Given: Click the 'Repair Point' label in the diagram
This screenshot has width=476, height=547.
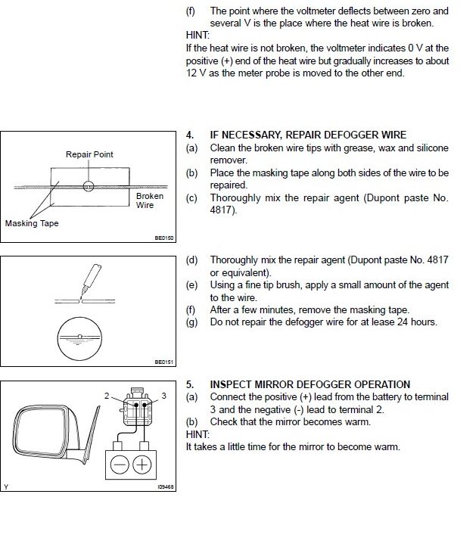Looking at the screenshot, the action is pos(89,154).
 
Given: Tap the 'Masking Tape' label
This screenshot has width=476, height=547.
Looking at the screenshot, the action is pos(32,223).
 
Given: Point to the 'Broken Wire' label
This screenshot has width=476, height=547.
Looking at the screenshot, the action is pos(150,200).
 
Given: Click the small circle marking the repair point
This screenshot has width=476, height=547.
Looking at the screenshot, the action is pos(89,186).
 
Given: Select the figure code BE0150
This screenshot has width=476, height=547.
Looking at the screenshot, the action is pos(164,238).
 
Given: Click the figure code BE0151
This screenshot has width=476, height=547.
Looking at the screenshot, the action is pos(164,362).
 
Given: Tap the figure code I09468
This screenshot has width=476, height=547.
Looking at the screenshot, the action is pos(166,486).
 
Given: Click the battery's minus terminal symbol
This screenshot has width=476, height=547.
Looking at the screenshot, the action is pos(120,465).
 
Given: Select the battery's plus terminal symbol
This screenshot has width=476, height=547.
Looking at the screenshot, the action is pos(142,465).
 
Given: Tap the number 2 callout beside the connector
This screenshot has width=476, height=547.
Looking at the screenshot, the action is pos(107,396).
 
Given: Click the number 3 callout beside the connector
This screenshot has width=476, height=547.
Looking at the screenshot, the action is pos(163,396).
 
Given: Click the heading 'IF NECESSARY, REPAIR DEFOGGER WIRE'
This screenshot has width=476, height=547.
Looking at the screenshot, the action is pos(308,135).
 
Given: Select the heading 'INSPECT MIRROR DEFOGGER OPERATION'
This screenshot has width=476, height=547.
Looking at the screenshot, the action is pos(310,384).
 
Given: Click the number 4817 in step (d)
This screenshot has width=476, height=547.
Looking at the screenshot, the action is pos(437,260).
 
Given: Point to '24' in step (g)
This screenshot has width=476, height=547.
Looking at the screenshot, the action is pos(403,322).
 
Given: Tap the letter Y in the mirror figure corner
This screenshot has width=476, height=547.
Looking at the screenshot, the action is pos(6,487).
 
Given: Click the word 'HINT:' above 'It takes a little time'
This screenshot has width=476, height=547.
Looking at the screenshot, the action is pos(198,434).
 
